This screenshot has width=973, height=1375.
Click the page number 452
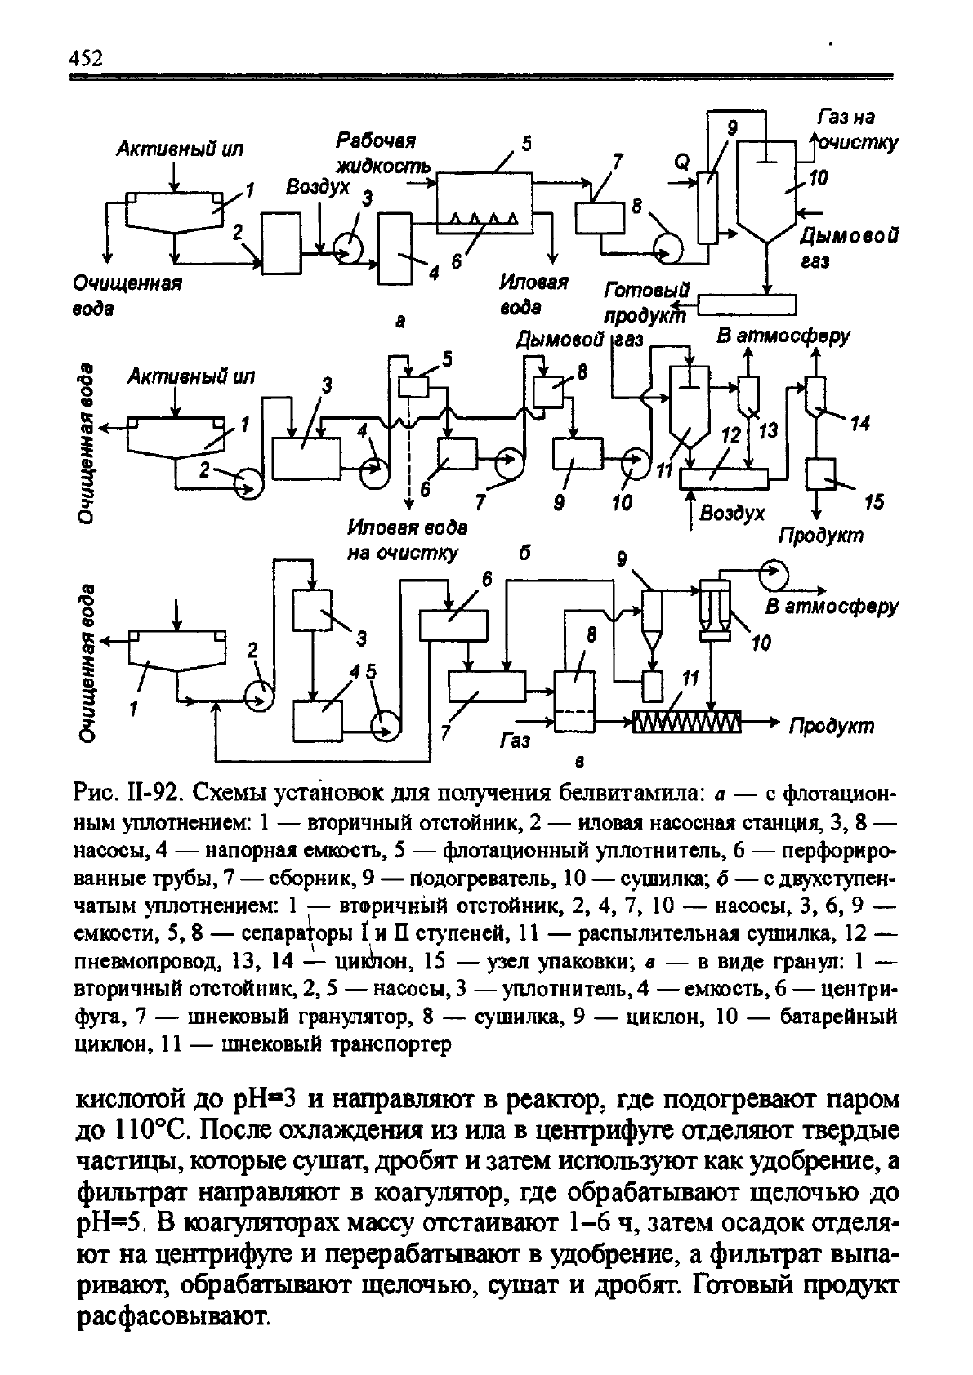click(87, 59)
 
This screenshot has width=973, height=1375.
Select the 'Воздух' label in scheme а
click(317, 188)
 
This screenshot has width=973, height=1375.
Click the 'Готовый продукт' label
click(645, 301)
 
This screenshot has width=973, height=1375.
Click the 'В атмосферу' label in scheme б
click(783, 336)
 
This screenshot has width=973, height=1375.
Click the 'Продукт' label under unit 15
click(819, 536)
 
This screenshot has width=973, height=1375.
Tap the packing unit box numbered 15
click(820, 473)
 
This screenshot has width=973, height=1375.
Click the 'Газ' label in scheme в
click(515, 741)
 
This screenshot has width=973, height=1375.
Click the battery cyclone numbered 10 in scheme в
click(714, 611)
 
